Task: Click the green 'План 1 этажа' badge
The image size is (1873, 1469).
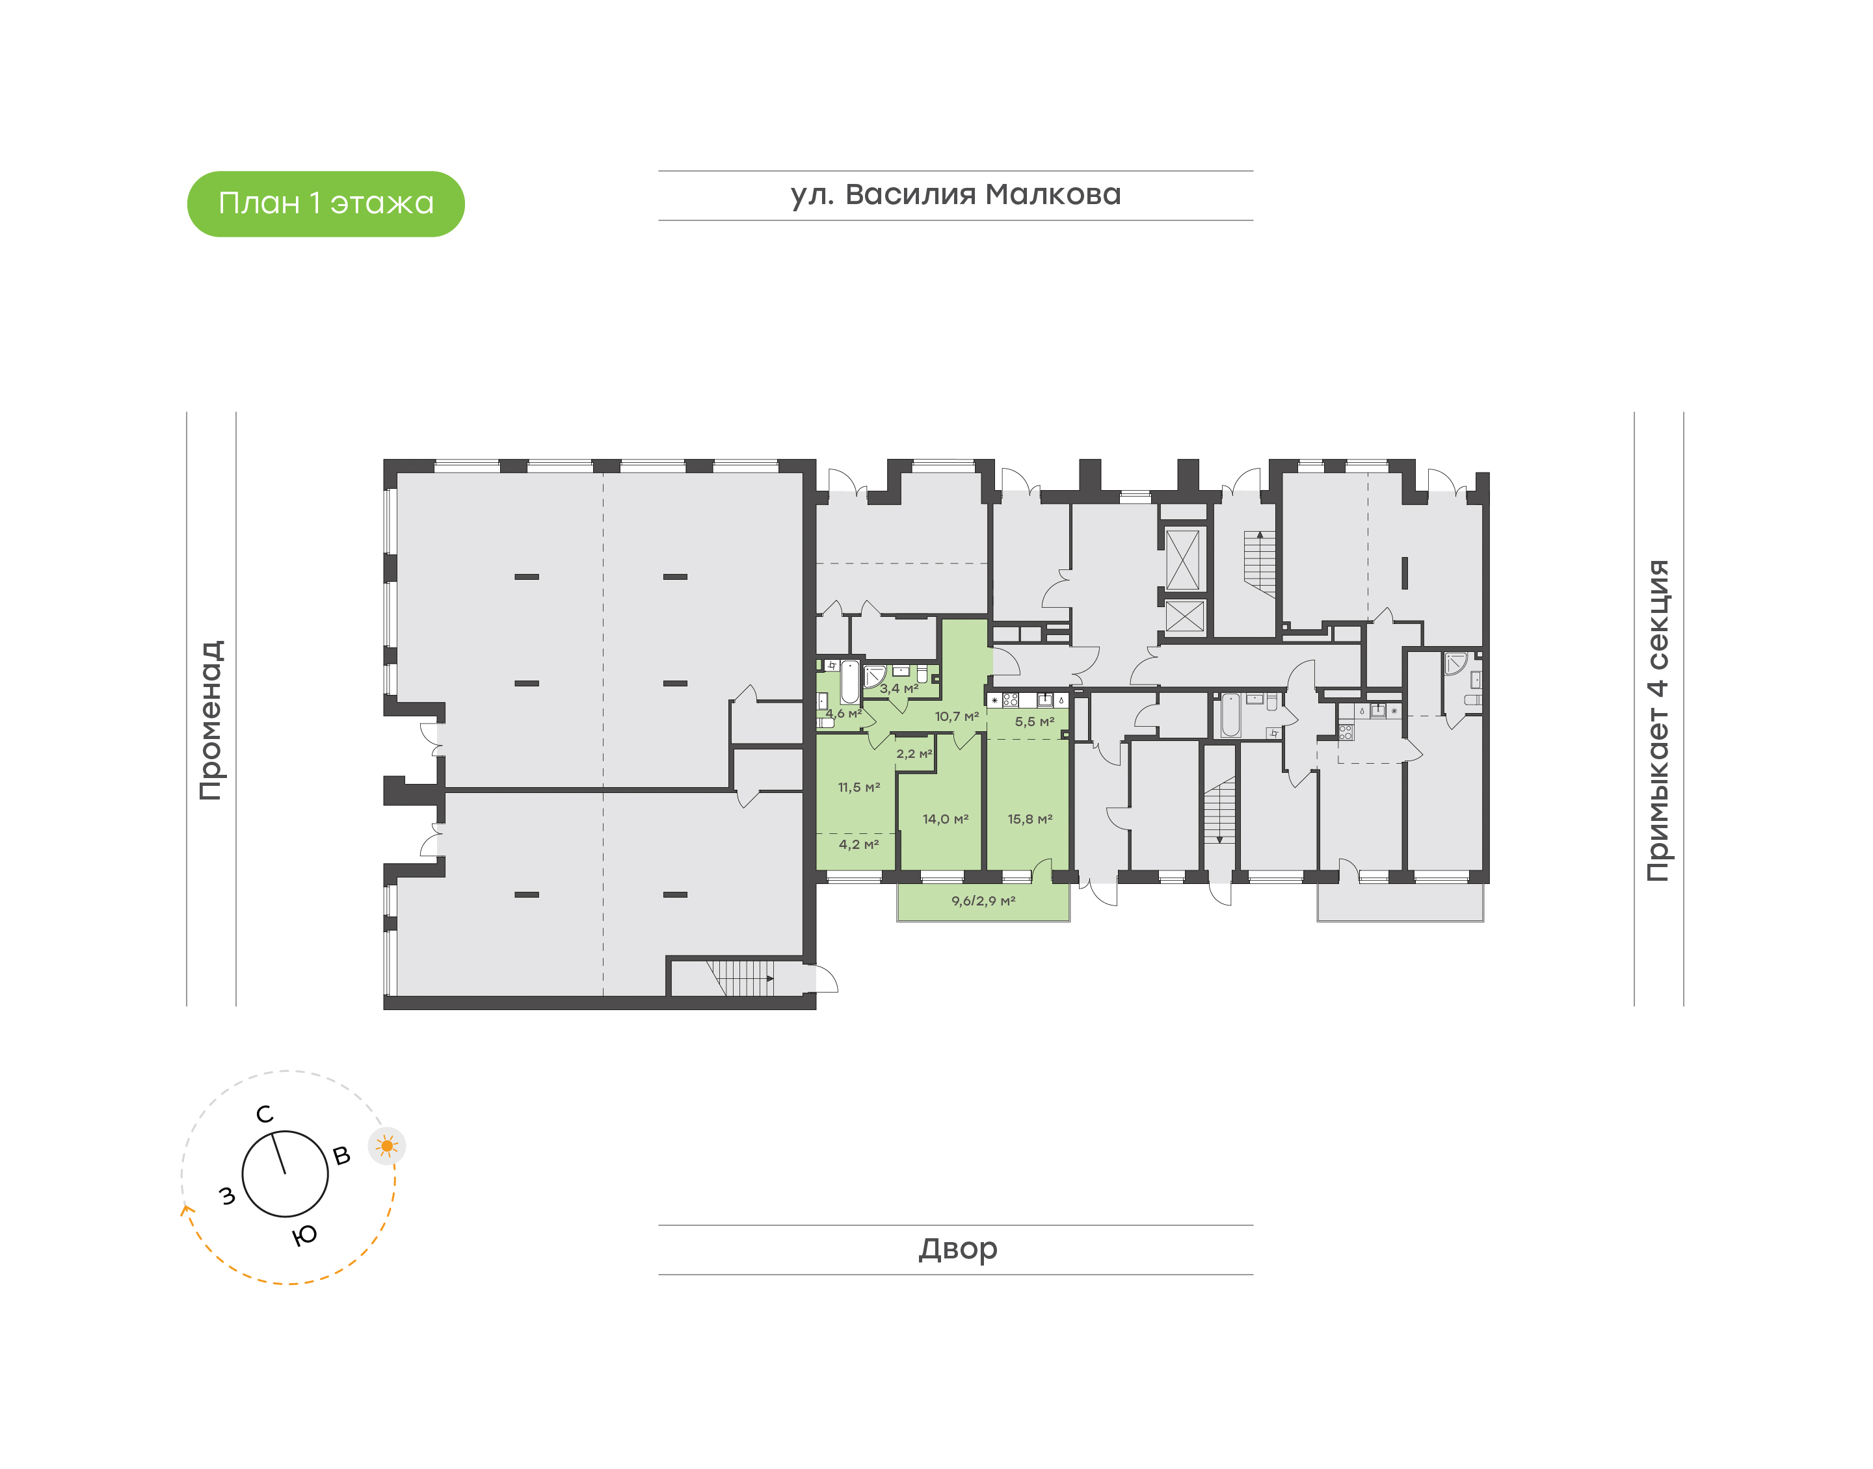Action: click(x=325, y=204)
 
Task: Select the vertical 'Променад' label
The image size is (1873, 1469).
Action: click(x=211, y=720)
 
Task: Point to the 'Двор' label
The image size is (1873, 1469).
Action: click(x=957, y=1248)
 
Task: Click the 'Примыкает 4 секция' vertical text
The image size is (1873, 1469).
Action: click(x=1657, y=720)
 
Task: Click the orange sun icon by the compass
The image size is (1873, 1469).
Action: click(x=387, y=1145)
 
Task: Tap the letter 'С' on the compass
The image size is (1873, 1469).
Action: click(x=265, y=1115)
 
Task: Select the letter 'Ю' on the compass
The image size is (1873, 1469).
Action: click(x=304, y=1236)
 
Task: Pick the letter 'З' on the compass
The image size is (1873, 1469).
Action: click(x=227, y=1195)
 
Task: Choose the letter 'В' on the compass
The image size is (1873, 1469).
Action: click(x=341, y=1156)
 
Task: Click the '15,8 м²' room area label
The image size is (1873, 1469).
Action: click(x=1030, y=819)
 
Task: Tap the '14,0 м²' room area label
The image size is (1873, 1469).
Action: click(x=946, y=819)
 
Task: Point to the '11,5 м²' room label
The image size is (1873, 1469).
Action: click(x=858, y=787)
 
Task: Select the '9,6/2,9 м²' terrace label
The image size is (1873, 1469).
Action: click(x=983, y=900)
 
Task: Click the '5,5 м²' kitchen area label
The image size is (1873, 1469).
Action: click(x=1034, y=721)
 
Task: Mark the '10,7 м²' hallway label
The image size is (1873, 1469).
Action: click(x=957, y=716)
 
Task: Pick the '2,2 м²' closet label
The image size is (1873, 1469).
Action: click(x=914, y=754)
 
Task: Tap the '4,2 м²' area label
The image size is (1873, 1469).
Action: click(x=858, y=844)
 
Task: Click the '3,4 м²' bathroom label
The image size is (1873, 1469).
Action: click(x=898, y=688)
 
